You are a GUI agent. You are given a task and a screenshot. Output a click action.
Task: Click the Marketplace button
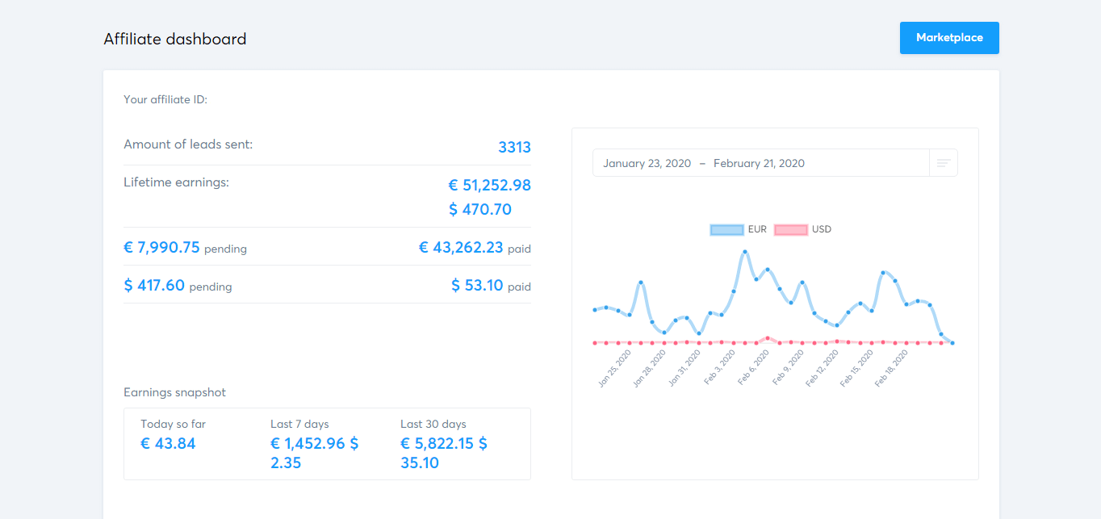(x=949, y=38)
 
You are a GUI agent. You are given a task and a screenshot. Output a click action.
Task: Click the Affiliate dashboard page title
(x=175, y=39)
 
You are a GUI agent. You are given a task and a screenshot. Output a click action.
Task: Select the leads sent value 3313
(x=514, y=147)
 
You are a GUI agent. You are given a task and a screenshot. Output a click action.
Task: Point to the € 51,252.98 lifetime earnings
(x=489, y=185)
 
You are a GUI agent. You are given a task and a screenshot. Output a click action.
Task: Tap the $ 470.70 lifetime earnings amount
(x=480, y=210)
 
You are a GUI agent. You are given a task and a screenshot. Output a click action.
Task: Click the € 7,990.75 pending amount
(x=161, y=248)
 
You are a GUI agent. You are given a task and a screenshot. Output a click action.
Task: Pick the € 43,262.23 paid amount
(x=461, y=248)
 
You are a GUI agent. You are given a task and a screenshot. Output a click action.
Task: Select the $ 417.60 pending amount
(x=154, y=285)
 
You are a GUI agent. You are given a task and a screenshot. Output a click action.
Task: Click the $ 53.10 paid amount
(x=477, y=285)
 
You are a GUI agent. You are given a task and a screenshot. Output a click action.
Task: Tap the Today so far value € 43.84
(x=168, y=443)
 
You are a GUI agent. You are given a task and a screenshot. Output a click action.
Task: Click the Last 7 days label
(x=299, y=424)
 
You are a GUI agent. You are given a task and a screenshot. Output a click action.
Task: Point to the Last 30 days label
(x=433, y=424)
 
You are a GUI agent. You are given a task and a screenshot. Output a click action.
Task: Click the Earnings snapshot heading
(x=174, y=392)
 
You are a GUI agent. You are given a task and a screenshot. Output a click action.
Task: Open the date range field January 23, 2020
(x=647, y=163)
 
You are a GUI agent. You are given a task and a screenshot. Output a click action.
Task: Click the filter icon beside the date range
(x=944, y=163)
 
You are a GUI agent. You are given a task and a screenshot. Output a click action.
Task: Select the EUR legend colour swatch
(x=726, y=229)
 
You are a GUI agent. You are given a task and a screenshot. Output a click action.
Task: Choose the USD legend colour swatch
(x=790, y=229)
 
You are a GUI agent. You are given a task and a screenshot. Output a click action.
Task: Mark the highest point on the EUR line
(x=744, y=252)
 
